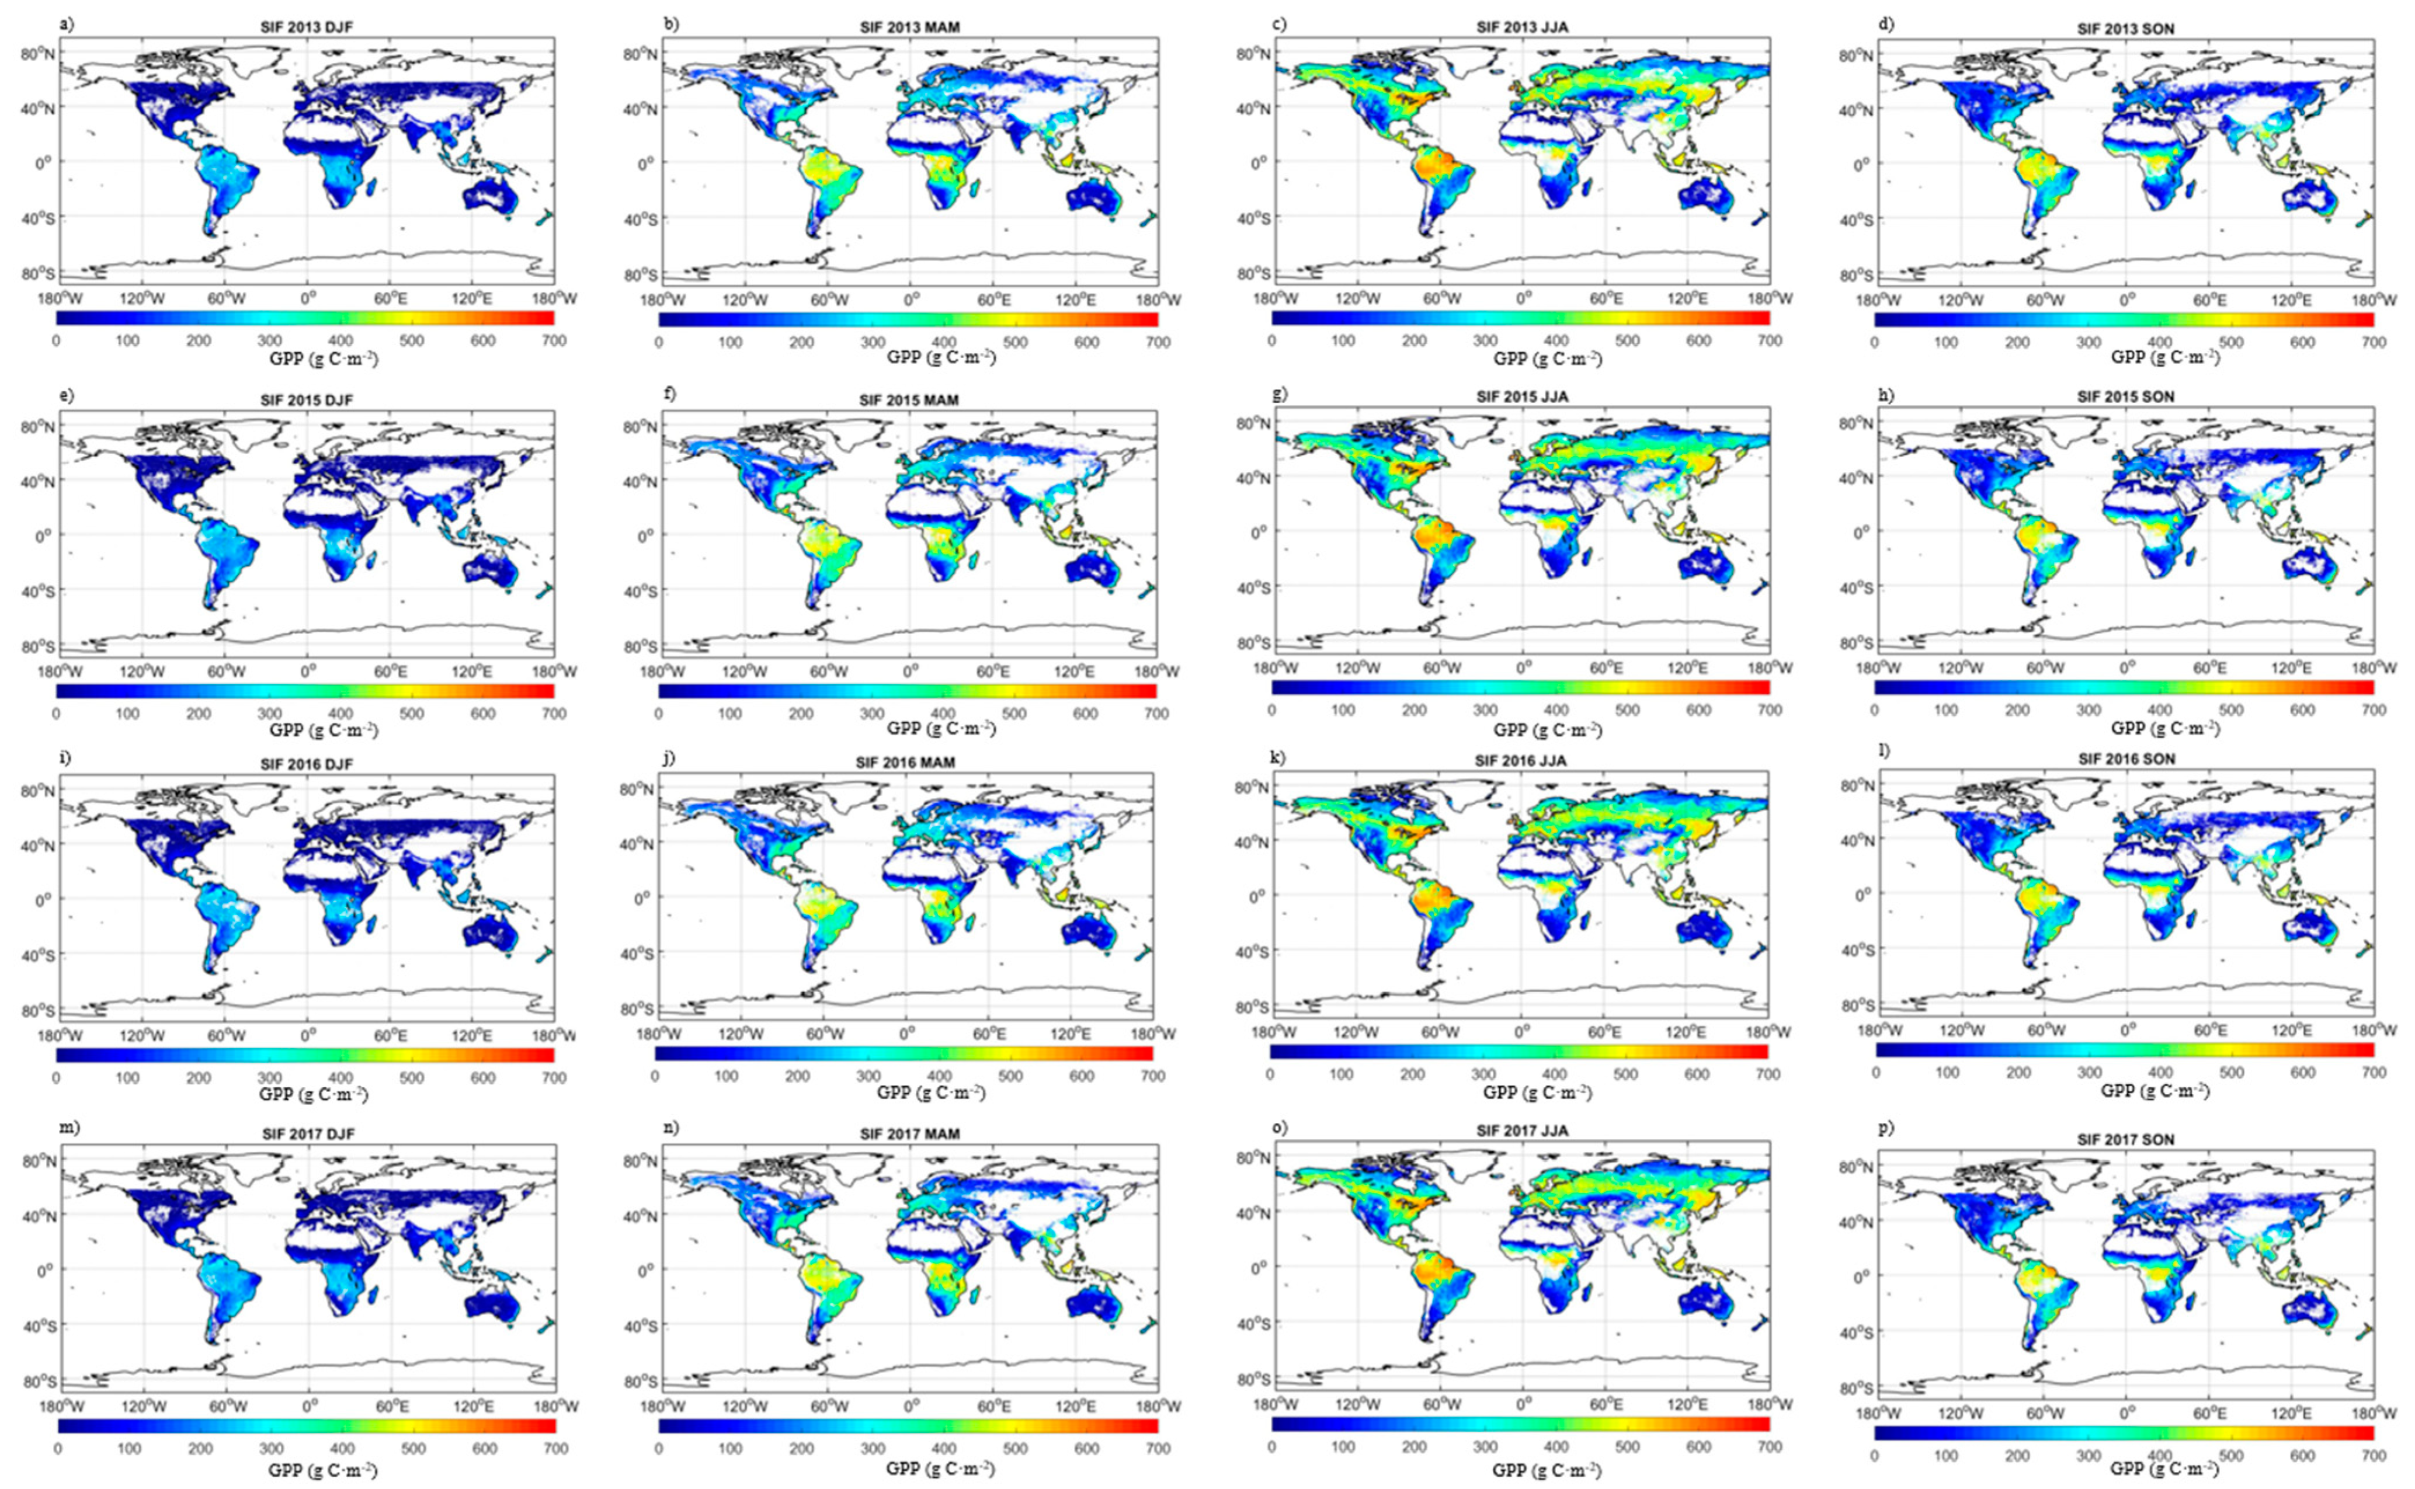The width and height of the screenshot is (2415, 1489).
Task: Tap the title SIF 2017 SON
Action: tap(2125, 1139)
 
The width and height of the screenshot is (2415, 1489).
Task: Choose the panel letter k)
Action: tap(1280, 759)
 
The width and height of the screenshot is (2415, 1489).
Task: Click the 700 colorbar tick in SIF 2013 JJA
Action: tap(1769, 341)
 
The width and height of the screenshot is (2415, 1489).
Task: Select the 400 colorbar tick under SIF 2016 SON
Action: tap(2160, 1073)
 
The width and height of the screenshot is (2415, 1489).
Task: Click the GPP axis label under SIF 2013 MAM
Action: tap(940, 357)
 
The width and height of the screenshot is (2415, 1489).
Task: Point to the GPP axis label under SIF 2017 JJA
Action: tap(1547, 1470)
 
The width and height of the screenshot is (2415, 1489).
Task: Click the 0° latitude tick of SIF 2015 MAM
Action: tap(643, 535)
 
